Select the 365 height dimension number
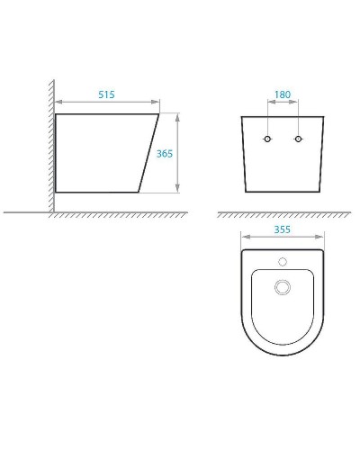[165, 153]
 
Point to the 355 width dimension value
[283, 229]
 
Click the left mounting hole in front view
[266, 140]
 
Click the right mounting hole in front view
[297, 140]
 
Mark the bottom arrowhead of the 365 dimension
[178, 190]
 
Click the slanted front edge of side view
[150, 153]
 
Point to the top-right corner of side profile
[159, 114]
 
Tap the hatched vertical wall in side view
[50, 144]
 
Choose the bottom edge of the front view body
[283, 193]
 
